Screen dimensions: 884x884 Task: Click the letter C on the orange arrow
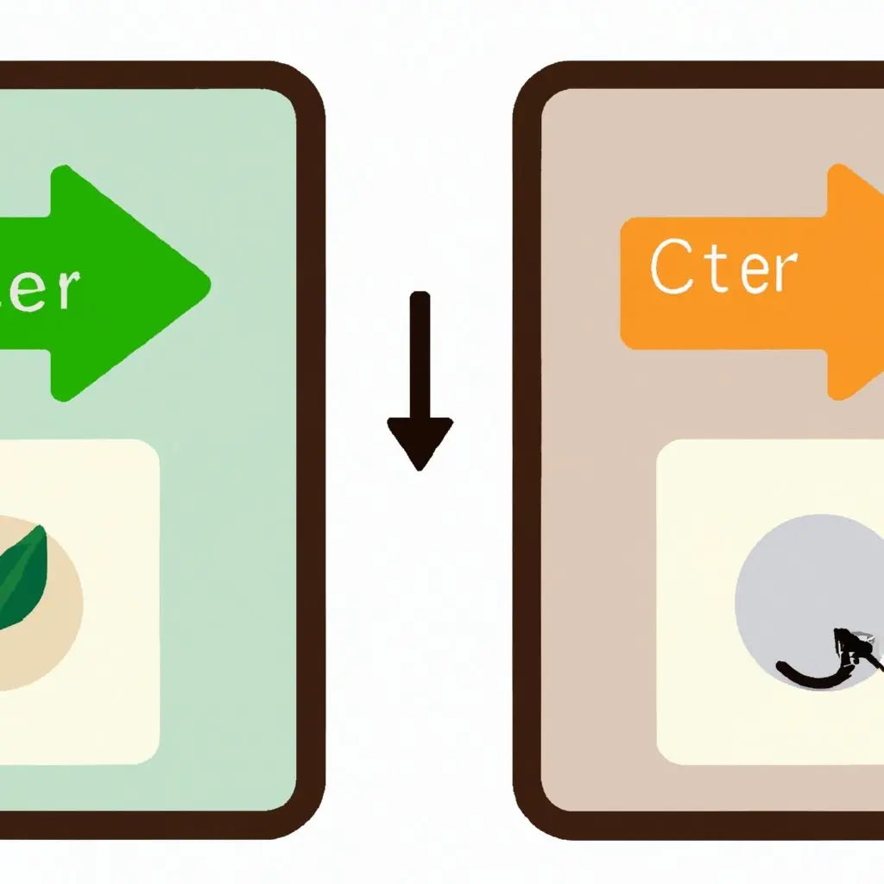tap(670, 268)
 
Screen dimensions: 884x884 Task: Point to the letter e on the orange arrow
tap(739, 272)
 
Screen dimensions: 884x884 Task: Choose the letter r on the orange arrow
tap(779, 271)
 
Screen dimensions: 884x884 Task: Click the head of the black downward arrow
tap(420, 439)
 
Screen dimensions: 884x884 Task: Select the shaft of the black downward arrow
tap(420, 354)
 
